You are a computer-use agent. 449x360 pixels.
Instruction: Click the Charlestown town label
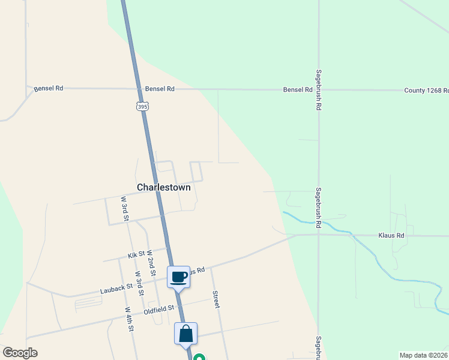[164, 187]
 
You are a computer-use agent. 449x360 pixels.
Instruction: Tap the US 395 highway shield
[142, 106]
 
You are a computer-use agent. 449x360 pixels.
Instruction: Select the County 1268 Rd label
[426, 90]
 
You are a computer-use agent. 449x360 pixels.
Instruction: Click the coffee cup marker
[179, 277]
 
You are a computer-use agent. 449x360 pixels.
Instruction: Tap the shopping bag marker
[185, 334]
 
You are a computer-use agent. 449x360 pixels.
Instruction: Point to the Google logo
[20, 353]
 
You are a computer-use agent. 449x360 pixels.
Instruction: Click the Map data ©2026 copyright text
[424, 355]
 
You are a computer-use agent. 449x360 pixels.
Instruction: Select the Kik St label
[137, 255]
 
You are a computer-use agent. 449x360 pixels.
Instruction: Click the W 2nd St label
[151, 259]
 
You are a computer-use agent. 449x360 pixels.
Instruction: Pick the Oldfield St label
[158, 310]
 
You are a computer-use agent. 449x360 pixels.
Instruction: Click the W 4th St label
[129, 319]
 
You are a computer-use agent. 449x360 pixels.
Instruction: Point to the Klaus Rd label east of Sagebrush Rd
[391, 236]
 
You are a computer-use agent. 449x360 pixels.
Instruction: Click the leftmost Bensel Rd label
[49, 88]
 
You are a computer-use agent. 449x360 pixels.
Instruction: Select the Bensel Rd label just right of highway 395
[160, 89]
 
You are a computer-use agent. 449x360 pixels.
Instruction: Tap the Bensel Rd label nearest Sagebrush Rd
[298, 89]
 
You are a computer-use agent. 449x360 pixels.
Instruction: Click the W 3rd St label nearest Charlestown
[125, 208]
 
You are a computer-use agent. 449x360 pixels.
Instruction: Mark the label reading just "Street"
[215, 300]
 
